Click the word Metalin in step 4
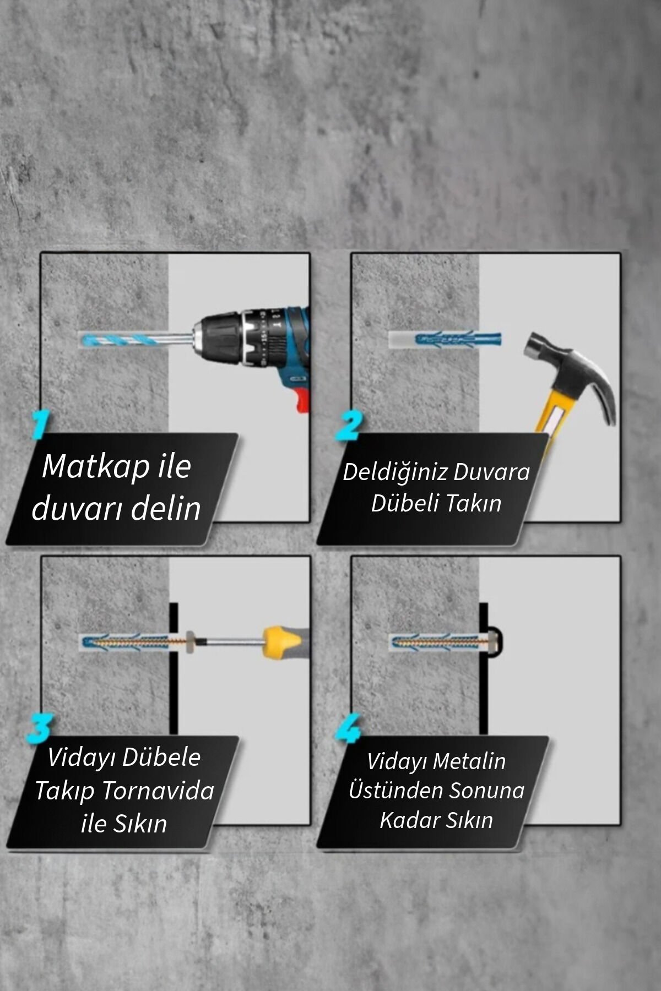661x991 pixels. [x=470, y=761]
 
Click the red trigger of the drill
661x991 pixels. [x=301, y=400]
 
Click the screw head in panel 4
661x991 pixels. [x=495, y=642]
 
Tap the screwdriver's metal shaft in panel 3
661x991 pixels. [x=234, y=642]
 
